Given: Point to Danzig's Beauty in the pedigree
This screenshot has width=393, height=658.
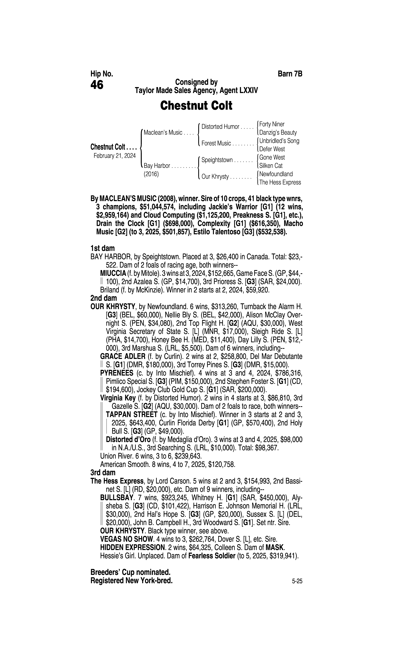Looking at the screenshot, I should pyautogui.click(x=278, y=133).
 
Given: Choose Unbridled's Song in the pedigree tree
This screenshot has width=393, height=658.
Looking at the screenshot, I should pyautogui.click(x=279, y=141).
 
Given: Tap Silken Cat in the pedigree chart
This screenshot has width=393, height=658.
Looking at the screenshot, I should pyautogui.click(x=271, y=166).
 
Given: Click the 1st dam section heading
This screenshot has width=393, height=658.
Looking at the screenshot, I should pyautogui.click(x=103, y=248).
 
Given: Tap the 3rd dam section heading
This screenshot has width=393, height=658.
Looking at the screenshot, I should pyautogui.click(x=103, y=472).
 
